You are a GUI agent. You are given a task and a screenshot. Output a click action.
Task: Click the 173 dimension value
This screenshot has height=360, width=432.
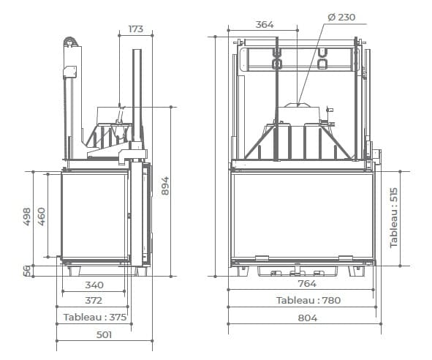pos(136,29)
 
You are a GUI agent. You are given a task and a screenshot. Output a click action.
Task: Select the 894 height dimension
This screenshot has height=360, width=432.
pos(165,186)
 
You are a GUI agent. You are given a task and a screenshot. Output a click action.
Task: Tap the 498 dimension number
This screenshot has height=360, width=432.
pos(27,217)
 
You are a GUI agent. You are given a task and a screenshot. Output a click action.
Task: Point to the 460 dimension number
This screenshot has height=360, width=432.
pos(42,217)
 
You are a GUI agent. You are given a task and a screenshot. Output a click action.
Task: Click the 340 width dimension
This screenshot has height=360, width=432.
pos(94,285)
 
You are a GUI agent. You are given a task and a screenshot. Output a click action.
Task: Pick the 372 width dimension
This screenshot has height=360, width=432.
pos(94,300)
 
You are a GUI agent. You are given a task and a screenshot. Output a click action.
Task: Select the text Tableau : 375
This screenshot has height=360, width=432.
pos(95,318)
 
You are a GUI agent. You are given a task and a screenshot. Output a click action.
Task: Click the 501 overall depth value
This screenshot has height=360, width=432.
pos(104,334)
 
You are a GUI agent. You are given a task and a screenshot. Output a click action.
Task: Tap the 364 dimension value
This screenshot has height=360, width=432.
pos(265,25)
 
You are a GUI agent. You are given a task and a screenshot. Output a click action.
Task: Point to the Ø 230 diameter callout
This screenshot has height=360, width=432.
pos(341,17)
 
